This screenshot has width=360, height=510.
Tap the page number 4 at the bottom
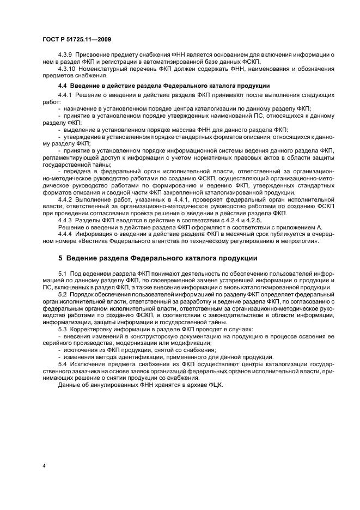pyautogui.click(x=44, y=466)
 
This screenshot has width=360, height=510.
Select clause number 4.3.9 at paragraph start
pyautogui.click(x=65, y=56)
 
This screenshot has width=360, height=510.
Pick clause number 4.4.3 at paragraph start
pyautogui.click(x=65, y=220)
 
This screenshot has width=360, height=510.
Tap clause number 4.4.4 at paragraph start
pyautogui.click(x=65, y=234)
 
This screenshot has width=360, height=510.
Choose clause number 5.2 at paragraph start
pyautogui.click(x=62, y=294)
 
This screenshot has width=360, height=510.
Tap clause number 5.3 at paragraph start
pyautogui.click(x=62, y=330)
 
